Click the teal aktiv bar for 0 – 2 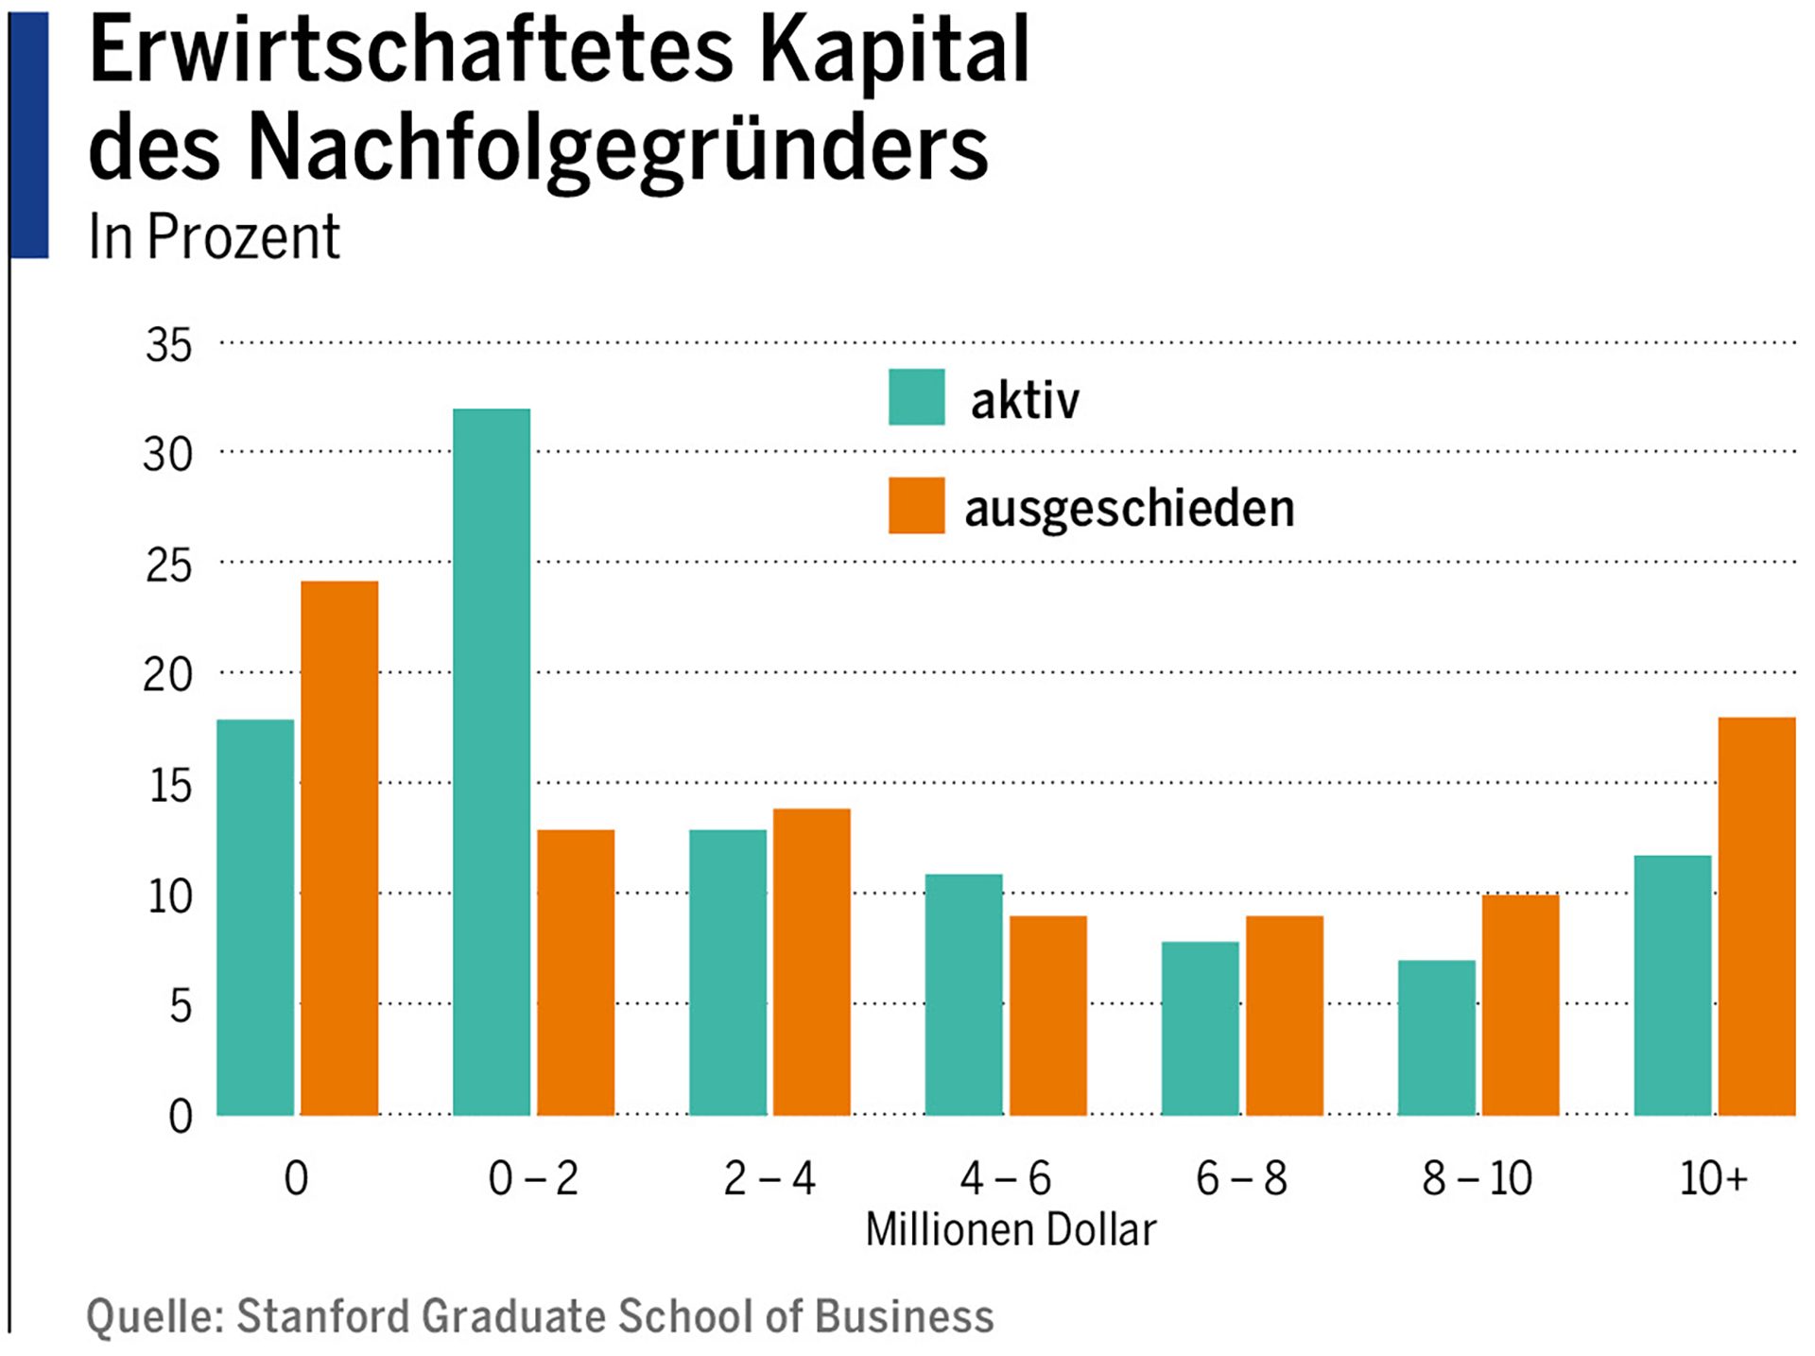point(492,761)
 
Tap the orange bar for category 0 point(339,848)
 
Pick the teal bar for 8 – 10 point(1436,1037)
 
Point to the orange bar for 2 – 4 point(812,962)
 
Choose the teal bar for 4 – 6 point(963,994)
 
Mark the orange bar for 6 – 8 point(1284,1015)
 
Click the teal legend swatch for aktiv point(916,397)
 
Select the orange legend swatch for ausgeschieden point(916,506)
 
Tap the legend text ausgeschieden point(1129,509)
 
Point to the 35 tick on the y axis point(168,345)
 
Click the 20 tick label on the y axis point(167,675)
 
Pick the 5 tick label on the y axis point(180,1005)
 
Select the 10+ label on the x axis point(1713,1178)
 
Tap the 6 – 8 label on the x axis point(1241,1178)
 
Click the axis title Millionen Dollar point(1011,1230)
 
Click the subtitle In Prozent point(214,236)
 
